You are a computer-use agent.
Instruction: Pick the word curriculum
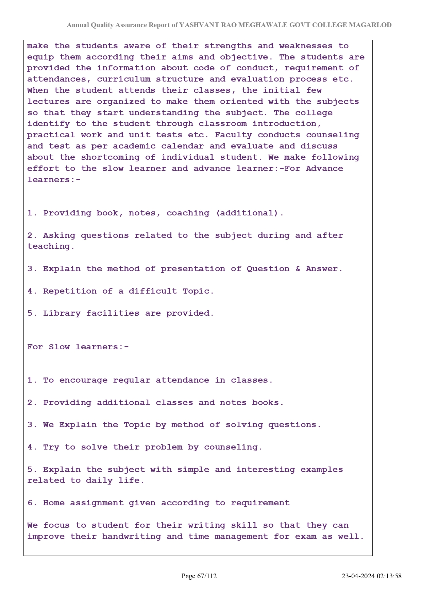[123, 79]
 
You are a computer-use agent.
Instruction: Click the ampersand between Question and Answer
[298, 269]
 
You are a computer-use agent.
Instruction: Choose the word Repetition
[70, 291]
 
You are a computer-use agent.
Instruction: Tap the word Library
[62, 313]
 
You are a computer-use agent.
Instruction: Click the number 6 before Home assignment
[30, 503]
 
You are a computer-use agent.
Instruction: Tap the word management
[241, 537]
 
